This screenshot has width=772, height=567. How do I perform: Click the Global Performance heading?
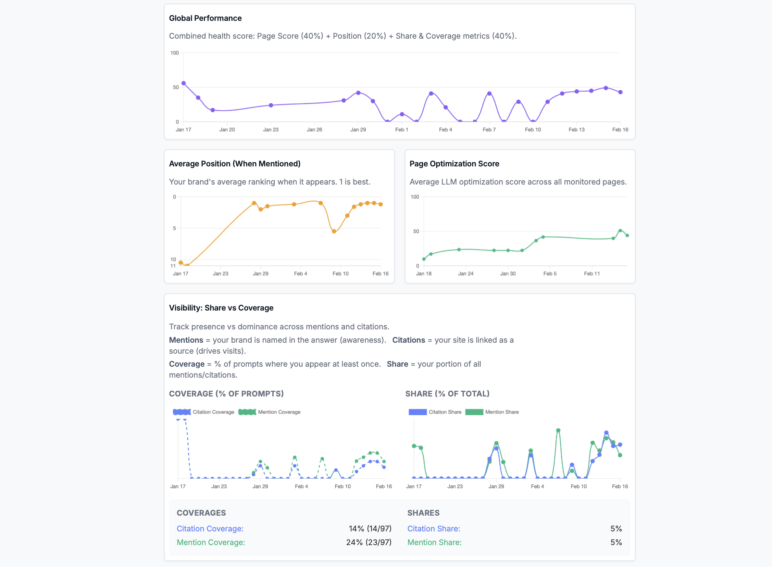point(205,18)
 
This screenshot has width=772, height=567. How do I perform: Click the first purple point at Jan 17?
point(184,84)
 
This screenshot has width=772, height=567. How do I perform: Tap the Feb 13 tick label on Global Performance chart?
point(576,130)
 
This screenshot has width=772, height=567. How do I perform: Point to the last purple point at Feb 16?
point(620,92)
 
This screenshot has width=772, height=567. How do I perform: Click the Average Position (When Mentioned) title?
point(235,164)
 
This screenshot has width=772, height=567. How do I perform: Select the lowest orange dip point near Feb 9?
point(334,231)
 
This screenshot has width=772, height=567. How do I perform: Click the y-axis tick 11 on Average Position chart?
point(173,266)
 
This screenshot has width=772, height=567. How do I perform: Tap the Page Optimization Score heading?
point(454,164)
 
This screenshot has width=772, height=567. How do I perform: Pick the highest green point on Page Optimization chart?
point(620,231)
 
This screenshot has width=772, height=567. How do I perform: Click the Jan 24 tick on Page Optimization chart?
point(465,274)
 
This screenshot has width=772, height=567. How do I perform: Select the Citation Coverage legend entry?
point(203,412)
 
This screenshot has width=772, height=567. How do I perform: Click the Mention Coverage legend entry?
point(270,412)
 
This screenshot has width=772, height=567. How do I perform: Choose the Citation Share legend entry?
point(435,412)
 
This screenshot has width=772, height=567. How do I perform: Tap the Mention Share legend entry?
point(492,412)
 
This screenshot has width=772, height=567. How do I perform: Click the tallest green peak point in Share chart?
point(558,430)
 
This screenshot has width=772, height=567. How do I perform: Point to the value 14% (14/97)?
point(370,529)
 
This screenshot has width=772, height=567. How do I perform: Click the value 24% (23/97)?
point(369,542)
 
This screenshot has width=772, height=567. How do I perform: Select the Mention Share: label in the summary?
point(434,542)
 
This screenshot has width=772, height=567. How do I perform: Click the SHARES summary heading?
point(423,513)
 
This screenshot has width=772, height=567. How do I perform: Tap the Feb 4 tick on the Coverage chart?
point(301,486)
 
